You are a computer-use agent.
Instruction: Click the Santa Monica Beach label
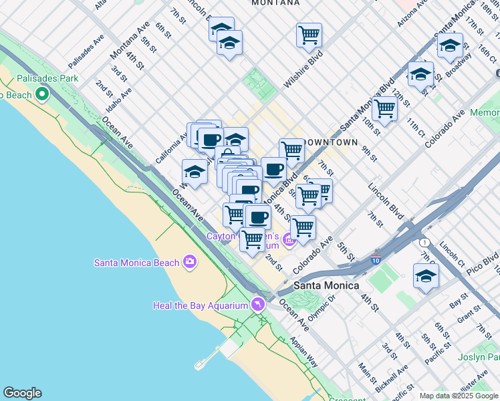[136, 262]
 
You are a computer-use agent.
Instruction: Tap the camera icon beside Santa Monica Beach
[190, 261]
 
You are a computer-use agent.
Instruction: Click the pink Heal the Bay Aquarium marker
[257, 305]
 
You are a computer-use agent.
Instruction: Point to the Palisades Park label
[47, 78]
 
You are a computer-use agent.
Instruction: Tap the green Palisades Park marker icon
[43, 94]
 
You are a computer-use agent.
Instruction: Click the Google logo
[22, 393]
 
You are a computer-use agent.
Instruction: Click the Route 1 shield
[424, 242]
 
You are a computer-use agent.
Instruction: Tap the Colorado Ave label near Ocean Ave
[311, 255]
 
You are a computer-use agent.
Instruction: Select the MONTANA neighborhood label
[275, 3]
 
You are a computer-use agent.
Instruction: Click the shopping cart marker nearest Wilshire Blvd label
[309, 35]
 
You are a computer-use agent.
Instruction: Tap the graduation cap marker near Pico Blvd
[426, 276]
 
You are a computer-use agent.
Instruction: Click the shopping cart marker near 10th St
[384, 108]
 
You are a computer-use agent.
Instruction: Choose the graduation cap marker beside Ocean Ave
[195, 171]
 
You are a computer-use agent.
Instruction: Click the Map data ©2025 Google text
[459, 395]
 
